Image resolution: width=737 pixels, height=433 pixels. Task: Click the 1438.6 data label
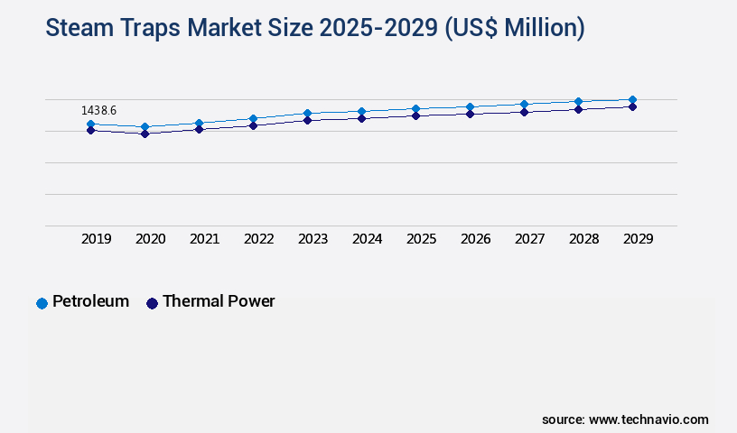coord(99,110)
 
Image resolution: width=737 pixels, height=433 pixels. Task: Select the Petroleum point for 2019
coord(90,124)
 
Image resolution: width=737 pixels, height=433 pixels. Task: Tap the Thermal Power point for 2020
coord(145,134)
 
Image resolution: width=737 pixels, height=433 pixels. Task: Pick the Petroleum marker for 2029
coord(632,99)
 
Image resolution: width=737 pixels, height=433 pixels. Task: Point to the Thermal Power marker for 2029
coord(632,106)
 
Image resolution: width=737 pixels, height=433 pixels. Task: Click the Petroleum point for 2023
coord(307,114)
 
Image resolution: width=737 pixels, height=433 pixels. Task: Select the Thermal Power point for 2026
coord(470,114)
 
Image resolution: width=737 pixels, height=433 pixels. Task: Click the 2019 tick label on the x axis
coord(97,239)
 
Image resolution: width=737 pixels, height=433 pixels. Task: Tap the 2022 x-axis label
coord(259,239)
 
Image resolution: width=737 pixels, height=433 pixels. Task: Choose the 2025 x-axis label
coord(422,239)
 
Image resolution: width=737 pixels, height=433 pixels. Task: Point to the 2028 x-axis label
coord(584,239)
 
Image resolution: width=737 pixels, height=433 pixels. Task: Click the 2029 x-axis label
coord(639,239)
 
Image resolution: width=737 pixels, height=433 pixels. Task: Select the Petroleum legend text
coord(90,301)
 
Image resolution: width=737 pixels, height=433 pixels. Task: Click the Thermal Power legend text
coord(219,301)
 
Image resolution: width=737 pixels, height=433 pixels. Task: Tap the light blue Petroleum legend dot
coord(42,303)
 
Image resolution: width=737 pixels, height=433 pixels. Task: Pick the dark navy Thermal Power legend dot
coord(152,303)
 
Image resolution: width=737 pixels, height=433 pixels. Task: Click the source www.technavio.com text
coord(625,419)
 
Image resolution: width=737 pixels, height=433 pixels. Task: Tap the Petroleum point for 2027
coord(524,105)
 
